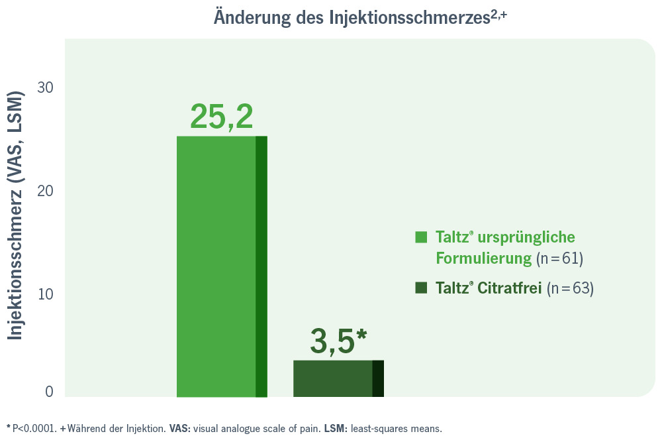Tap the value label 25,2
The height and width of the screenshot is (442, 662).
(221, 117)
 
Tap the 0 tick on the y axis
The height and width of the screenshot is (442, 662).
(50, 392)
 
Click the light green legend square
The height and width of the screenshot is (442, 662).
(421, 237)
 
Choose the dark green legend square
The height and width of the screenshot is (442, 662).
(421, 288)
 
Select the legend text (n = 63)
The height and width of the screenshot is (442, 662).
(571, 288)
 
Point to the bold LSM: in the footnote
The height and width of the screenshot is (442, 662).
(334, 428)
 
